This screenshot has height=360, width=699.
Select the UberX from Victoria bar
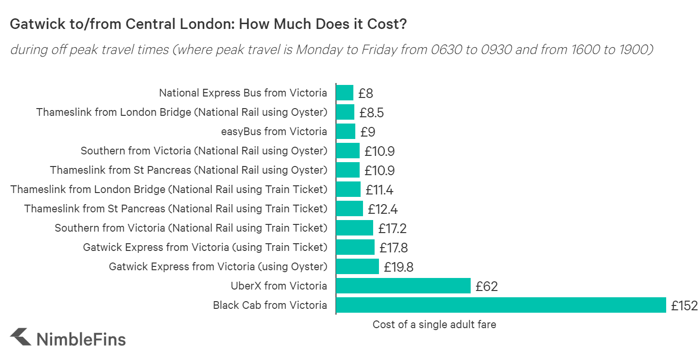tap(403, 286)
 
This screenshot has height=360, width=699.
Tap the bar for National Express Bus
tap(345, 93)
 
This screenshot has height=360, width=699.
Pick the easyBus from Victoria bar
tap(346, 131)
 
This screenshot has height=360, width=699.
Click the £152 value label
tap(684, 305)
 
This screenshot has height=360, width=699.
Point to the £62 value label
tap(486, 286)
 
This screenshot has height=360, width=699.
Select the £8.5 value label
tap(371, 112)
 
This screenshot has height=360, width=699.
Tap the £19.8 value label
tap(398, 267)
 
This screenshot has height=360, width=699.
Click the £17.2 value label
tap(392, 228)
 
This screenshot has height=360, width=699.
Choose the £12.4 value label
tap(382, 209)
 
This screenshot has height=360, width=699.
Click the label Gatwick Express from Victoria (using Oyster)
tap(218, 266)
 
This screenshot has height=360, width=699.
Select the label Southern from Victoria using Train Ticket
tap(191, 228)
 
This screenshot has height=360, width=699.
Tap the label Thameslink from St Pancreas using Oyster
tap(188, 170)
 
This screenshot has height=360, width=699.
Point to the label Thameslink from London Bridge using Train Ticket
tap(168, 189)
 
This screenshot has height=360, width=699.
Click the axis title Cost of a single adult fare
tap(434, 324)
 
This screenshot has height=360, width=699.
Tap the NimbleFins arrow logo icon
tap(21, 337)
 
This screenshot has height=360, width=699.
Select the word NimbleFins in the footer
tap(81, 339)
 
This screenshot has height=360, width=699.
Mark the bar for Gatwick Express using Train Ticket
tap(355, 247)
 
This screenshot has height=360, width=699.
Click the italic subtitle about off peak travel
tap(331, 50)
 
